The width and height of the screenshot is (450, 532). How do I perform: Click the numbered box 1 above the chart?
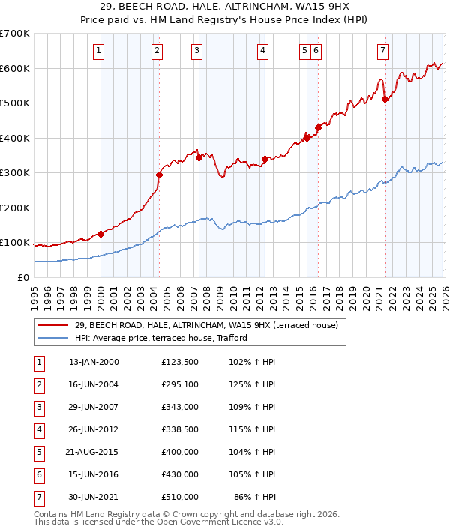point(99,51)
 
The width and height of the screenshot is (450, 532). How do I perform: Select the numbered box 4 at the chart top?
point(264,51)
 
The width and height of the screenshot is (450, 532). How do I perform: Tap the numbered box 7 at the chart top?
point(382,51)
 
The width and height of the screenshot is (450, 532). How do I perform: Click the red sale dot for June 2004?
point(159,175)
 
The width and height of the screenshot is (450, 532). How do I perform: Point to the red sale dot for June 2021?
point(385,99)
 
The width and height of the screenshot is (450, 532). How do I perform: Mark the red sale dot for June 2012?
point(265,159)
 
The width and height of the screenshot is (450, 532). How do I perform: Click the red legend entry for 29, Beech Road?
point(206,325)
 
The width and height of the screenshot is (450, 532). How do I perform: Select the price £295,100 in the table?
point(179,385)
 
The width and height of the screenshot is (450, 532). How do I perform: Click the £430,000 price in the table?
point(179,474)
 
